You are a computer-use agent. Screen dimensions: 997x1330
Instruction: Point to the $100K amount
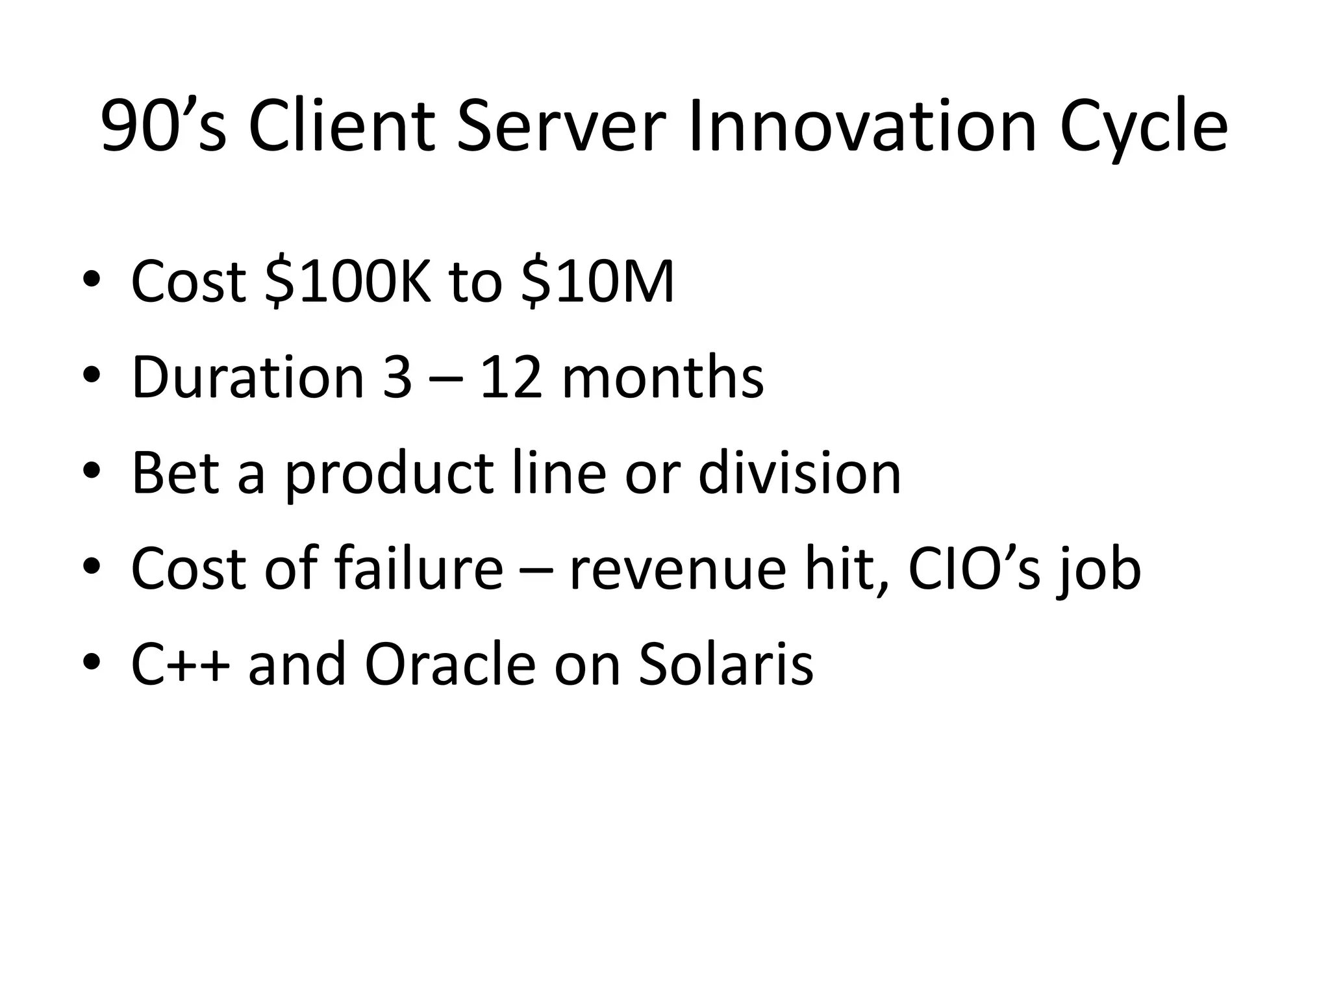point(347,282)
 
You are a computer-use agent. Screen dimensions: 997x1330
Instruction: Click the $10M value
point(597,282)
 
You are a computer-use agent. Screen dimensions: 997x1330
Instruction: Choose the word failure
point(419,569)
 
